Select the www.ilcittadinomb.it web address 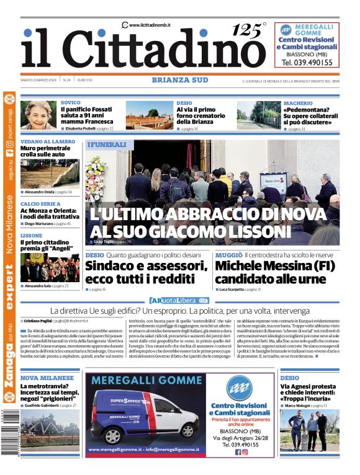point(150,24)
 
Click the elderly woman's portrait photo point(39,115)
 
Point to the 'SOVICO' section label point(71,102)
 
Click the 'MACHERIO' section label point(298,102)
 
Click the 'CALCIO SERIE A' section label point(40,204)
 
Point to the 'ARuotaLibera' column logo point(179,300)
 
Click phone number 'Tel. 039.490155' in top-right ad point(307,63)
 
